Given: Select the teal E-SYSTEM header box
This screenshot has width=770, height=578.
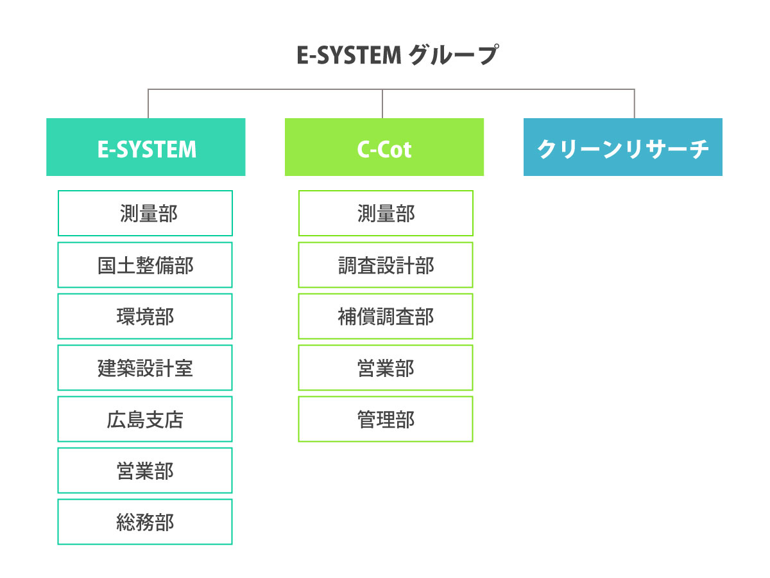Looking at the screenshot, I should pyautogui.click(x=146, y=147).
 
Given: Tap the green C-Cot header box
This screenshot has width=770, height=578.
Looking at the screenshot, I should pyautogui.click(x=384, y=147).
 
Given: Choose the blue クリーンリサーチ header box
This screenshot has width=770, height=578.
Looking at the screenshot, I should pyautogui.click(x=622, y=147).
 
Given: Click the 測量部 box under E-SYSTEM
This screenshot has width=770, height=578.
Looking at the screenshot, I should pyautogui.click(x=145, y=213).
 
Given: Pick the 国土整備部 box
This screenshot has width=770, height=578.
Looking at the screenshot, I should pyautogui.click(x=145, y=265).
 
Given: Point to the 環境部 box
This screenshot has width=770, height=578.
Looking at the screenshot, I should pyautogui.click(x=145, y=316).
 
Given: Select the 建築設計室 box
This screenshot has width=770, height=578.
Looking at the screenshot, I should pyautogui.click(x=145, y=367).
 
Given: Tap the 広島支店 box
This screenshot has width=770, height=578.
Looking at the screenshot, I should pyautogui.click(x=145, y=419).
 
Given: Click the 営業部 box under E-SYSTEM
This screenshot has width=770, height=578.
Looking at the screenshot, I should pyautogui.click(x=145, y=470).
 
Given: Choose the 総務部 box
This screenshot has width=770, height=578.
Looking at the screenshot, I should pyautogui.click(x=145, y=521).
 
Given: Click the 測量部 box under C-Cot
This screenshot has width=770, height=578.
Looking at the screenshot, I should pyautogui.click(x=386, y=213).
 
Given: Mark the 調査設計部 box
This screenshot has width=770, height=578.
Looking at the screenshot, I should pyautogui.click(x=386, y=265).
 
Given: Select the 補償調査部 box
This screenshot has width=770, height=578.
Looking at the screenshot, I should pyautogui.click(x=386, y=316).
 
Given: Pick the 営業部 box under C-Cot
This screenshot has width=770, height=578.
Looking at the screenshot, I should pyautogui.click(x=386, y=367).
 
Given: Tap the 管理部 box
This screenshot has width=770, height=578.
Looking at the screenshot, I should pyautogui.click(x=386, y=419).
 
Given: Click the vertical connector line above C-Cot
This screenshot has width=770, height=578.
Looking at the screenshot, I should pyautogui.click(x=383, y=104).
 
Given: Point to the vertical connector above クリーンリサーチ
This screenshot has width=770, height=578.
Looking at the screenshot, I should pyautogui.click(x=635, y=104).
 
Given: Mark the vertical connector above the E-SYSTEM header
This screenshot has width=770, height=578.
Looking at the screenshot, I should pyautogui.click(x=148, y=104).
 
